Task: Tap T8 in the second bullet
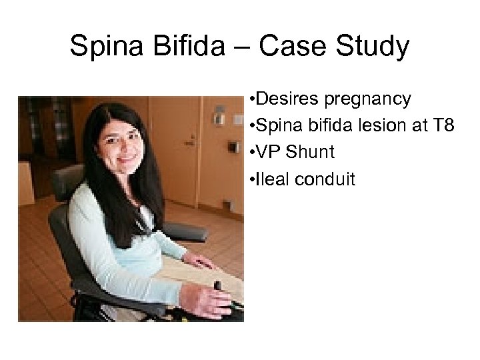tap(443, 125)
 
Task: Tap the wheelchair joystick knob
tap(217, 285)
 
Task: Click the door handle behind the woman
tap(190, 141)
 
